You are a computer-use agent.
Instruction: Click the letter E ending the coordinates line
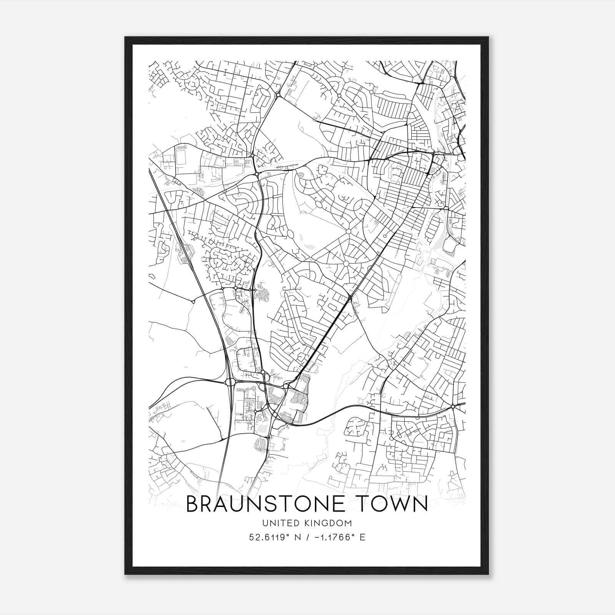(x=362, y=537)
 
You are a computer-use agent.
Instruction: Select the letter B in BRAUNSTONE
(x=193, y=504)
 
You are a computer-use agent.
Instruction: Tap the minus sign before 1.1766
(x=317, y=537)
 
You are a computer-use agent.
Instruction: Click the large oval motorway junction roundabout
(x=230, y=382)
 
